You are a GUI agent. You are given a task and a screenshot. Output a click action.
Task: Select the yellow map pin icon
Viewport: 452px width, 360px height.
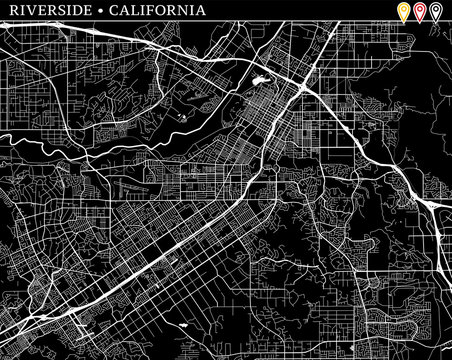(x=403, y=13)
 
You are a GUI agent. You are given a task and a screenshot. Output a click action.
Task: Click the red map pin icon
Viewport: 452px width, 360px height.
(x=419, y=13)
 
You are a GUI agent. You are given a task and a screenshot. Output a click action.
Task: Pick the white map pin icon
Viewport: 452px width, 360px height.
(x=435, y=13)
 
